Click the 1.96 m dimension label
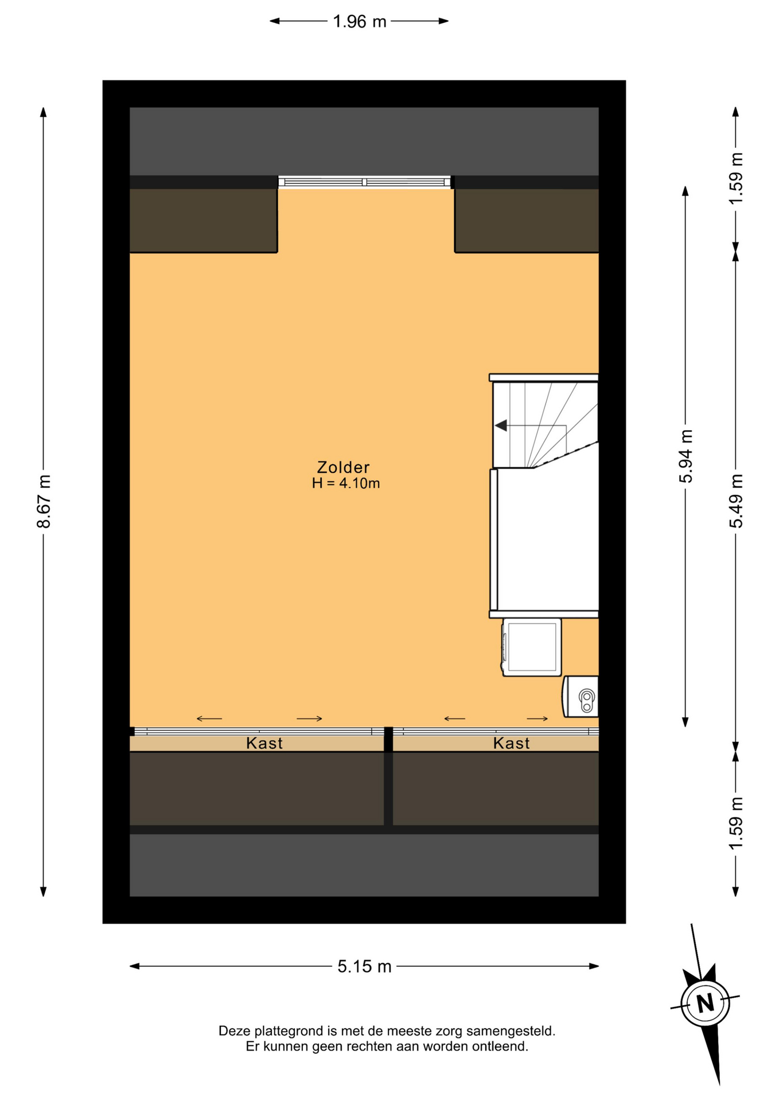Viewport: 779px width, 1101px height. pyautogui.click(x=360, y=21)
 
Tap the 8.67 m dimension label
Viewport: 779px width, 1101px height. pyautogui.click(x=44, y=501)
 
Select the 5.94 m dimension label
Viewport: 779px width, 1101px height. pyautogui.click(x=686, y=456)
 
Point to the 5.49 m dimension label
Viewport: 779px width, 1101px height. pyautogui.click(x=736, y=501)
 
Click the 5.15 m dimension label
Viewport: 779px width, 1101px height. pyautogui.click(x=364, y=966)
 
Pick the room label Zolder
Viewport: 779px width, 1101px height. pyautogui.click(x=344, y=467)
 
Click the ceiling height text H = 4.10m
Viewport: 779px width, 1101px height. pyautogui.click(x=346, y=483)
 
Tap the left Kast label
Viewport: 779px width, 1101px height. pyautogui.click(x=264, y=743)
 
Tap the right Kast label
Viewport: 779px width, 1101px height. pyautogui.click(x=512, y=743)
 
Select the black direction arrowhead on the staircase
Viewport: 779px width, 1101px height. pyautogui.click(x=501, y=425)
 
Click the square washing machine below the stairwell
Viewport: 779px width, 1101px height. pyautogui.click(x=532, y=647)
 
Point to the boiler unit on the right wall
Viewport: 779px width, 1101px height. pyautogui.click(x=581, y=696)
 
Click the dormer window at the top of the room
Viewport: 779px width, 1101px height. pyautogui.click(x=365, y=182)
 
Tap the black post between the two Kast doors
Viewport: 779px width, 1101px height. pyautogui.click(x=388, y=739)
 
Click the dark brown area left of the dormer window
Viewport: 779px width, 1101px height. pyautogui.click(x=204, y=220)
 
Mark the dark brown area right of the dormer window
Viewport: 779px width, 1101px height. pyautogui.click(x=527, y=220)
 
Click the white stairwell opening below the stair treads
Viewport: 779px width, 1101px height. pyautogui.click(x=547, y=539)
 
